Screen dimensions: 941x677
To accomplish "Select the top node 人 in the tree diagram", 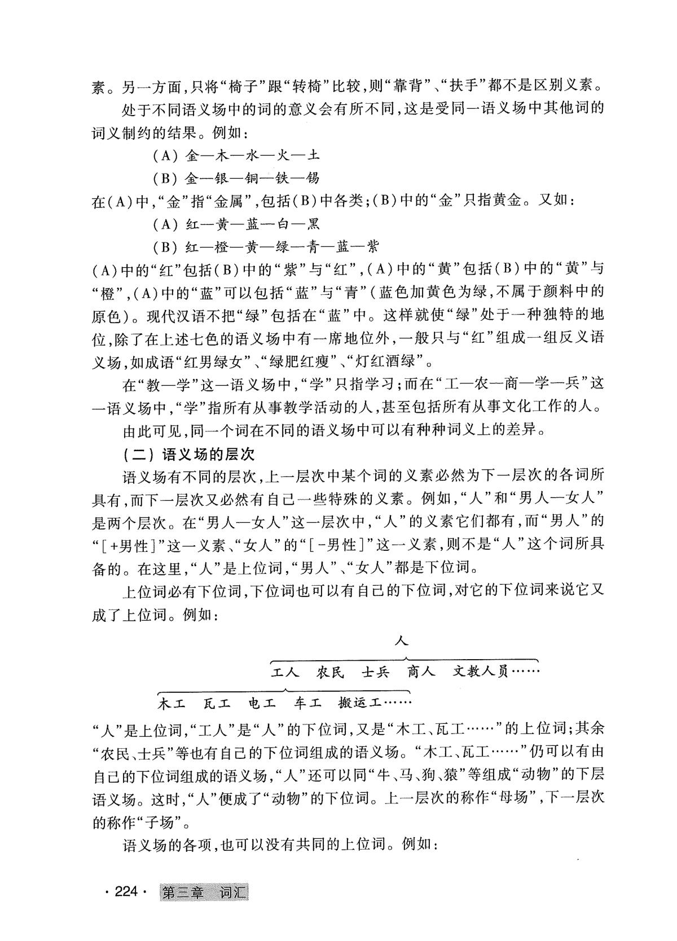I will click(402, 640).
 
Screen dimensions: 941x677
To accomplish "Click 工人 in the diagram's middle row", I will click(285, 672).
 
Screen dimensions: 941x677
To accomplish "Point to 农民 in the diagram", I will click(331, 672).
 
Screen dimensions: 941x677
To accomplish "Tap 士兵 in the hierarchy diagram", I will click(376, 672).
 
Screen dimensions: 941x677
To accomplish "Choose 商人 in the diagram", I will click(421, 672).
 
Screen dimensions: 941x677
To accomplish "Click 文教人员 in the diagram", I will click(481, 672).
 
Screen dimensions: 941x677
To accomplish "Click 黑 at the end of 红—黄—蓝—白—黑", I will click(313, 224).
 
